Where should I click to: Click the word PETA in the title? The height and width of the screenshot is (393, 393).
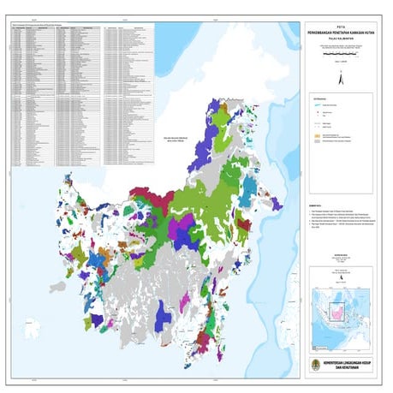pyautogui.click(x=344, y=26)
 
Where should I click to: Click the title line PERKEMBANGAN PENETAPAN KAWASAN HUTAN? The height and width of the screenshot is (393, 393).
pyautogui.click(x=344, y=32)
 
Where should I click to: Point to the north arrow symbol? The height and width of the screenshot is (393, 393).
pyautogui.click(x=341, y=78)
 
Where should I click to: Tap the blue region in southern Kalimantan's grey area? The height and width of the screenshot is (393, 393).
pyautogui.click(x=164, y=321)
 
